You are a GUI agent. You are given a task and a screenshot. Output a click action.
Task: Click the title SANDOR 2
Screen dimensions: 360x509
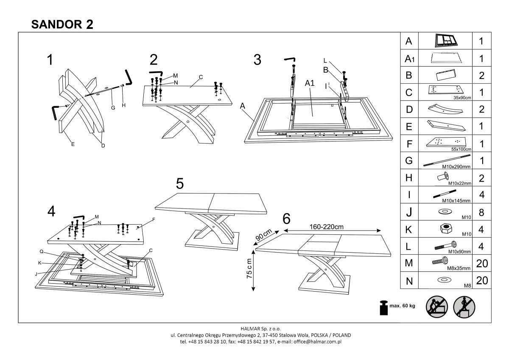[x=62, y=24]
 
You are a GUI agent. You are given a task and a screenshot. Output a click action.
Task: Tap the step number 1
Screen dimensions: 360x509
[x=50, y=60]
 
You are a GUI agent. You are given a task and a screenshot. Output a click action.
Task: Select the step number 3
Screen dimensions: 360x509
[x=257, y=60]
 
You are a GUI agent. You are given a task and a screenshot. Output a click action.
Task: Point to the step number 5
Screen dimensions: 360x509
[x=180, y=184]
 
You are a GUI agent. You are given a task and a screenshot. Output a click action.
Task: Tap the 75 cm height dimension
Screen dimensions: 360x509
[x=249, y=268]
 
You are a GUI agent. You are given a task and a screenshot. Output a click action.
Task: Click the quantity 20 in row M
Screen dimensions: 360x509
[x=482, y=263]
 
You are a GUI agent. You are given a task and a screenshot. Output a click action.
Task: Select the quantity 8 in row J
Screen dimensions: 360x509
[x=482, y=212]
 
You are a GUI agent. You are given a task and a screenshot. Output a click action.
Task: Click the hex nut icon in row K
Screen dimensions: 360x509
[x=444, y=228]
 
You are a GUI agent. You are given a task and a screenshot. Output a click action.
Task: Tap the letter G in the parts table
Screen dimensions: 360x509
[x=409, y=161]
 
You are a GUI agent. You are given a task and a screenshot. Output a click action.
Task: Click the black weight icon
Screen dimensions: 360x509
[x=384, y=308]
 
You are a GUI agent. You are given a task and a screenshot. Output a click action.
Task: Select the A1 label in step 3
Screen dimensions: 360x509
[x=310, y=84]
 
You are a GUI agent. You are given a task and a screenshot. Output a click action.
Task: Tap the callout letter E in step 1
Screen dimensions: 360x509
[x=73, y=144]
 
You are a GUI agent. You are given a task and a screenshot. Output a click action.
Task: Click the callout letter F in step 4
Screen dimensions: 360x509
[x=154, y=219]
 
